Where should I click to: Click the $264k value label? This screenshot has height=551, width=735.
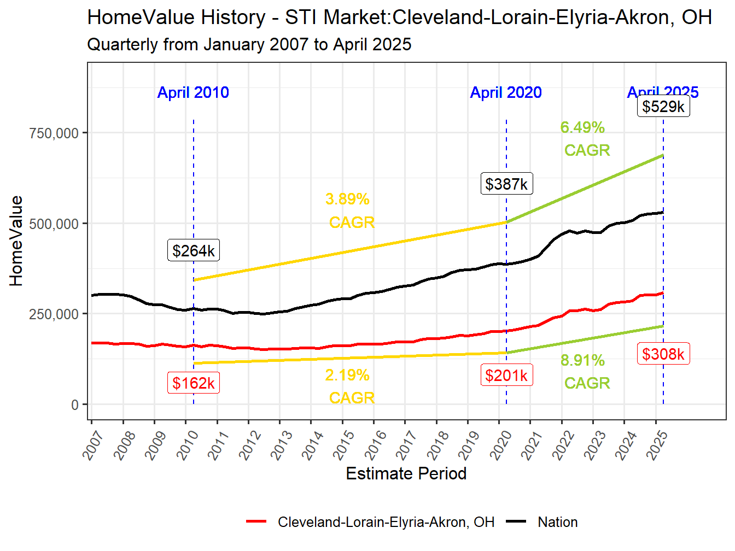(194, 250)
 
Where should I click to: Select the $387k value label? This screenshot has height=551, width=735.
(506, 184)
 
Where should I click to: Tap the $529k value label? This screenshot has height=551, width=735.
(663, 106)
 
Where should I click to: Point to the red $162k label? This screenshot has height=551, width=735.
(194, 383)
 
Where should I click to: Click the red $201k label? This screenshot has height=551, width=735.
(506, 375)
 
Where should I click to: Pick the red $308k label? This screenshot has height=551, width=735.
(663, 354)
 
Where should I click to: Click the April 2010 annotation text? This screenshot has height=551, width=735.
(193, 92)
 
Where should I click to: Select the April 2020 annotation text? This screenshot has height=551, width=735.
(506, 92)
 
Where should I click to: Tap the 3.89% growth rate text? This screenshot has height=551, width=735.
(348, 199)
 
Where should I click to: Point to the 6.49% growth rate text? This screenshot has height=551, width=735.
(582, 127)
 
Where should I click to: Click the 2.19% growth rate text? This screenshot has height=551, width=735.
(347, 375)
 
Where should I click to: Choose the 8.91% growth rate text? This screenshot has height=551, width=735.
(582, 360)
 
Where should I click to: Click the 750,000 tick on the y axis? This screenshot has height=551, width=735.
(54, 133)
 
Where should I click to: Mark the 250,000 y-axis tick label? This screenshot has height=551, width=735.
(54, 314)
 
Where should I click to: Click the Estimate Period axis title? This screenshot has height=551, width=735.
(406, 473)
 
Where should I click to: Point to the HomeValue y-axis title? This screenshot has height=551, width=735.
(16, 241)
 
